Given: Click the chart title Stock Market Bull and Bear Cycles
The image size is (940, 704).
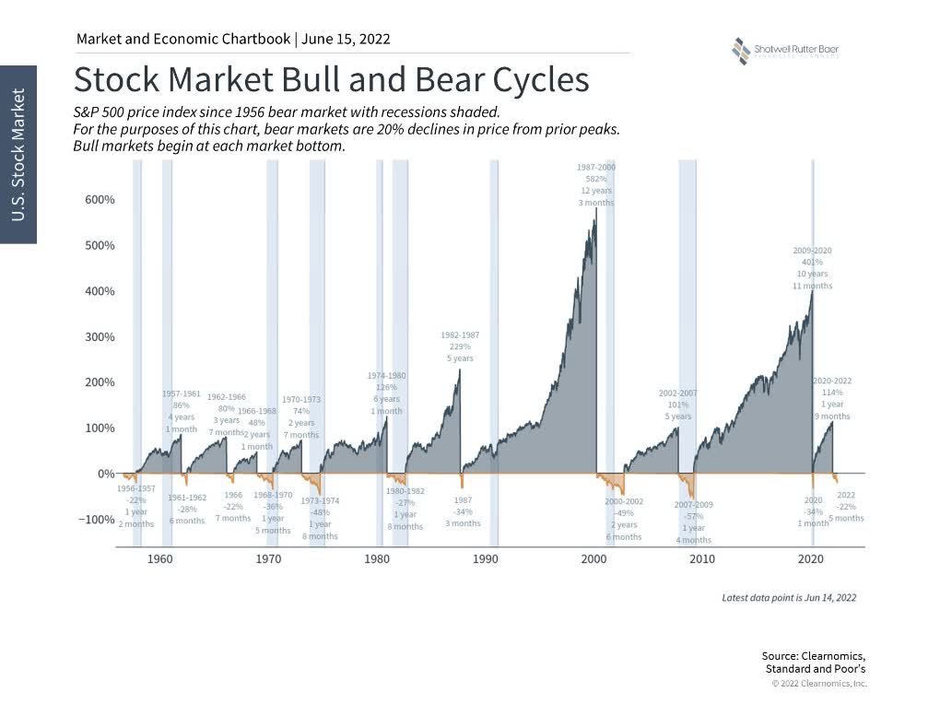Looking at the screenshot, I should (331, 79).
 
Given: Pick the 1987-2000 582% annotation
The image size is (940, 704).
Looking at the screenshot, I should (595, 184).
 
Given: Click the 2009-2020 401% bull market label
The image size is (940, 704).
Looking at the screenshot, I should (812, 267).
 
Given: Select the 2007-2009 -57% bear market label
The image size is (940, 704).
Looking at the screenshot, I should (692, 522).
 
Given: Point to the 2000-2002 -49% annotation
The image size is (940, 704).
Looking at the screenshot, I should (623, 519).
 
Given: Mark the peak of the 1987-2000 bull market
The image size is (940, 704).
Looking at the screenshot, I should (596, 209).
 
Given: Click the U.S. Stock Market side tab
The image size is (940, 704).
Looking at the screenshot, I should (18, 155).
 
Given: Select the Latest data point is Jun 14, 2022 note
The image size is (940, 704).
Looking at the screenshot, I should (789, 598).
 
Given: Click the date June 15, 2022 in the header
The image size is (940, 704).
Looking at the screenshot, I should (347, 39).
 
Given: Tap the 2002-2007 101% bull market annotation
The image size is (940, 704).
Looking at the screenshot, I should (677, 405).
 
